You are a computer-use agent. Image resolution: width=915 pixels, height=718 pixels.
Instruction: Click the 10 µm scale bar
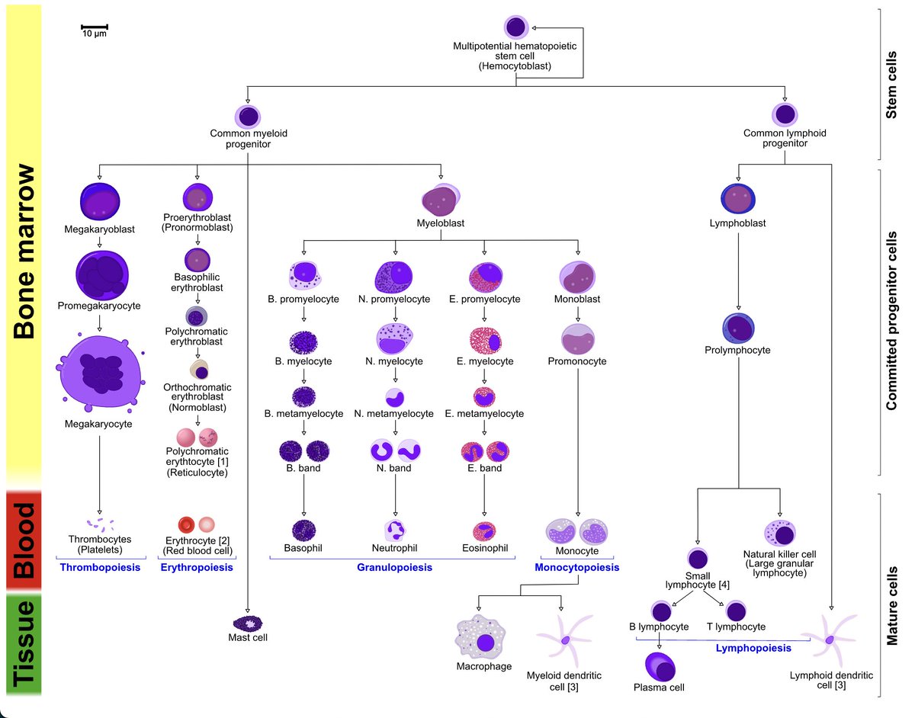click(95, 27)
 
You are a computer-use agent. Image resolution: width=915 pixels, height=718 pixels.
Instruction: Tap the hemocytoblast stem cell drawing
click(515, 27)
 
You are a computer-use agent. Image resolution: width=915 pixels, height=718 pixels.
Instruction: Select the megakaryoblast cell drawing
click(100, 202)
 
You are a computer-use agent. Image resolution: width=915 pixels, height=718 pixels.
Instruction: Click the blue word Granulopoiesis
click(394, 568)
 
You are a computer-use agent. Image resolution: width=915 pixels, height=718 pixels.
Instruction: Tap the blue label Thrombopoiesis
click(100, 568)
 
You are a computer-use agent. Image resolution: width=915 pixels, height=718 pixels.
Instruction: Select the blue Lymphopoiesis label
click(753, 648)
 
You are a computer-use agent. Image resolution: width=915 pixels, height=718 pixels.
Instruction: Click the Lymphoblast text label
click(737, 224)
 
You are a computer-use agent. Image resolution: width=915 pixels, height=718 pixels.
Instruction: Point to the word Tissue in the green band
click(24, 645)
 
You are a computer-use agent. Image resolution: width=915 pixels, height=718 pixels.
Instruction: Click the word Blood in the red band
click(24, 540)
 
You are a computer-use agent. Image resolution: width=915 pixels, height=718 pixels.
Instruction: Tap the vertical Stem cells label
click(891, 84)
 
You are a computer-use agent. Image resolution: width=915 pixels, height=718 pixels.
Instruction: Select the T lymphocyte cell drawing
click(736, 611)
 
